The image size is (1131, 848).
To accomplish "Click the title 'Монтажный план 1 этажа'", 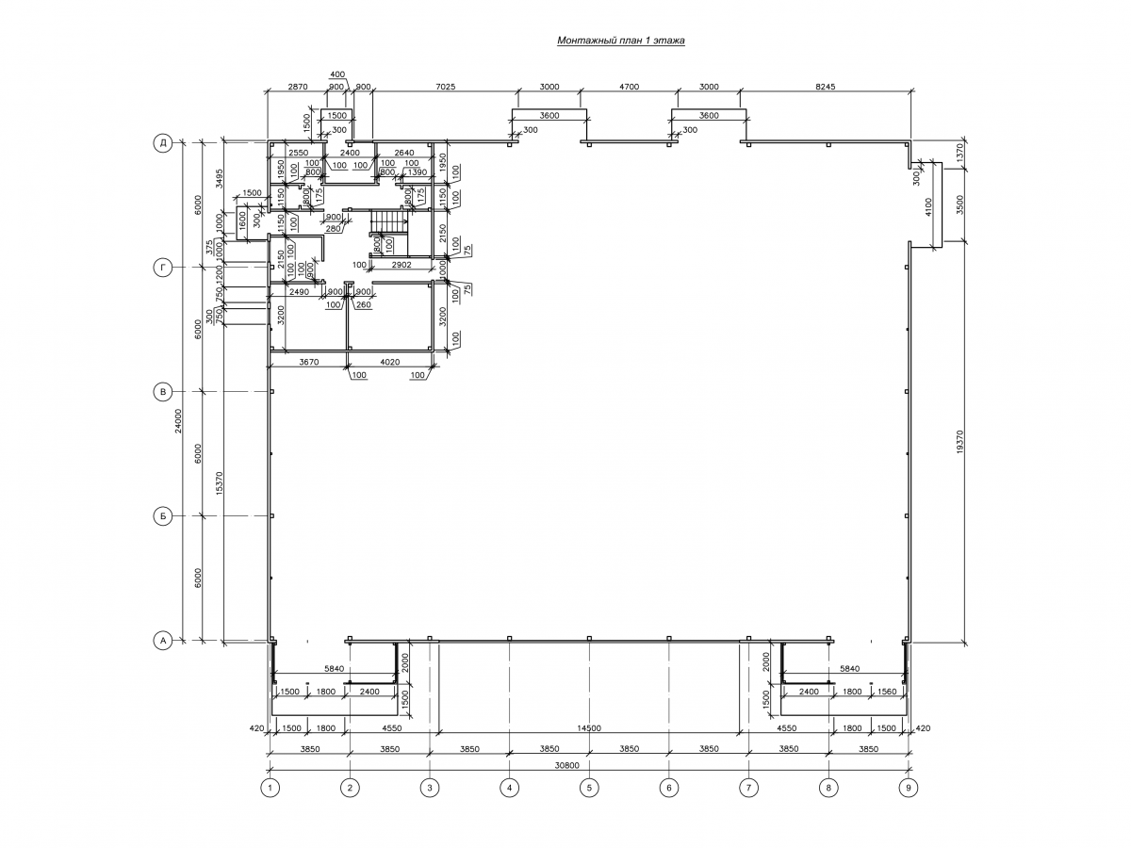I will (620, 41).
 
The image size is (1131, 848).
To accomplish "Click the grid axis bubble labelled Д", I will (162, 143).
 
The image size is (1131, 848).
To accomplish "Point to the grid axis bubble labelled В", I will (162, 392).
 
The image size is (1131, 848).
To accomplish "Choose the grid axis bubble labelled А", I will (162, 641).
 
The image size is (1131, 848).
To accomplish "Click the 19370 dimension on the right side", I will (959, 443).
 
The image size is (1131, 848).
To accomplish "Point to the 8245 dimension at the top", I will (825, 87).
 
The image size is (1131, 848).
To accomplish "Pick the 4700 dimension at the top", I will (629, 87).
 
